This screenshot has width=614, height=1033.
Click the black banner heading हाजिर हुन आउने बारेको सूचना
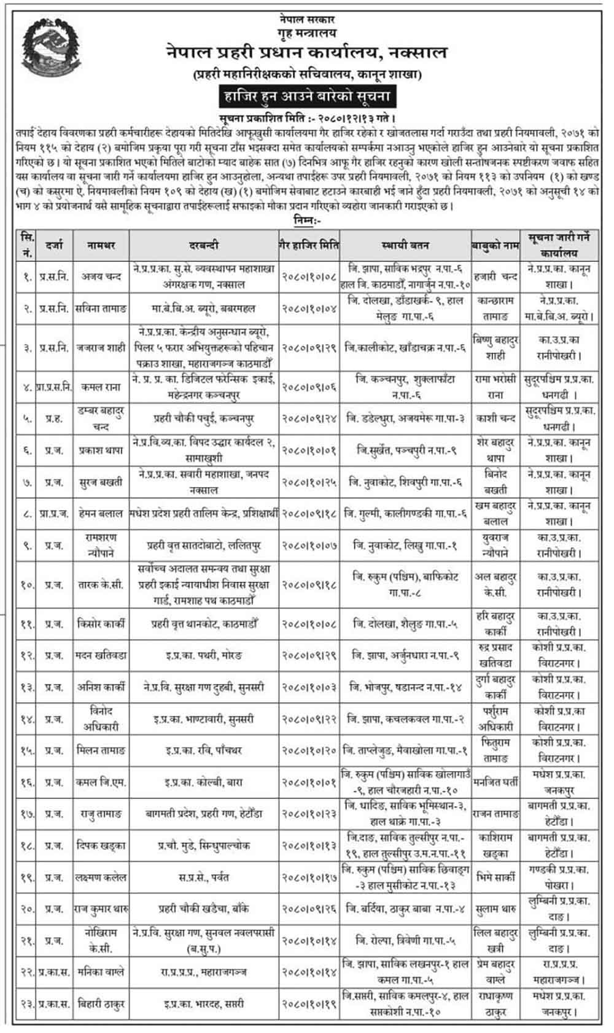305,96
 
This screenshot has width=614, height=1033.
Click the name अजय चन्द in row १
101,277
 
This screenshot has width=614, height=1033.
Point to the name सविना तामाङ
101,308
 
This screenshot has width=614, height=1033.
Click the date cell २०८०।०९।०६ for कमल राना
309,387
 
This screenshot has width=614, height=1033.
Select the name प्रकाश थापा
101,450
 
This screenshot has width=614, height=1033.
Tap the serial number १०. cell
26,585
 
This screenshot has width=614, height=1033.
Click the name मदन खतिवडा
101,656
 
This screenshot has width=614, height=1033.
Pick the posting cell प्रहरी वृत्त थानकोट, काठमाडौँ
205,624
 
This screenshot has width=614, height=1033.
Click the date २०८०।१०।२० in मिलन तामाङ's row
309,750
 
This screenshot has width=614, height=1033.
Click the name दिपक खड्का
101,846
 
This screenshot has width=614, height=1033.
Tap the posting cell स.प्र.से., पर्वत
205,878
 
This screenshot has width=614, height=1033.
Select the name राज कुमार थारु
101,909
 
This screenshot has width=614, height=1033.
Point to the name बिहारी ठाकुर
101,1004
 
